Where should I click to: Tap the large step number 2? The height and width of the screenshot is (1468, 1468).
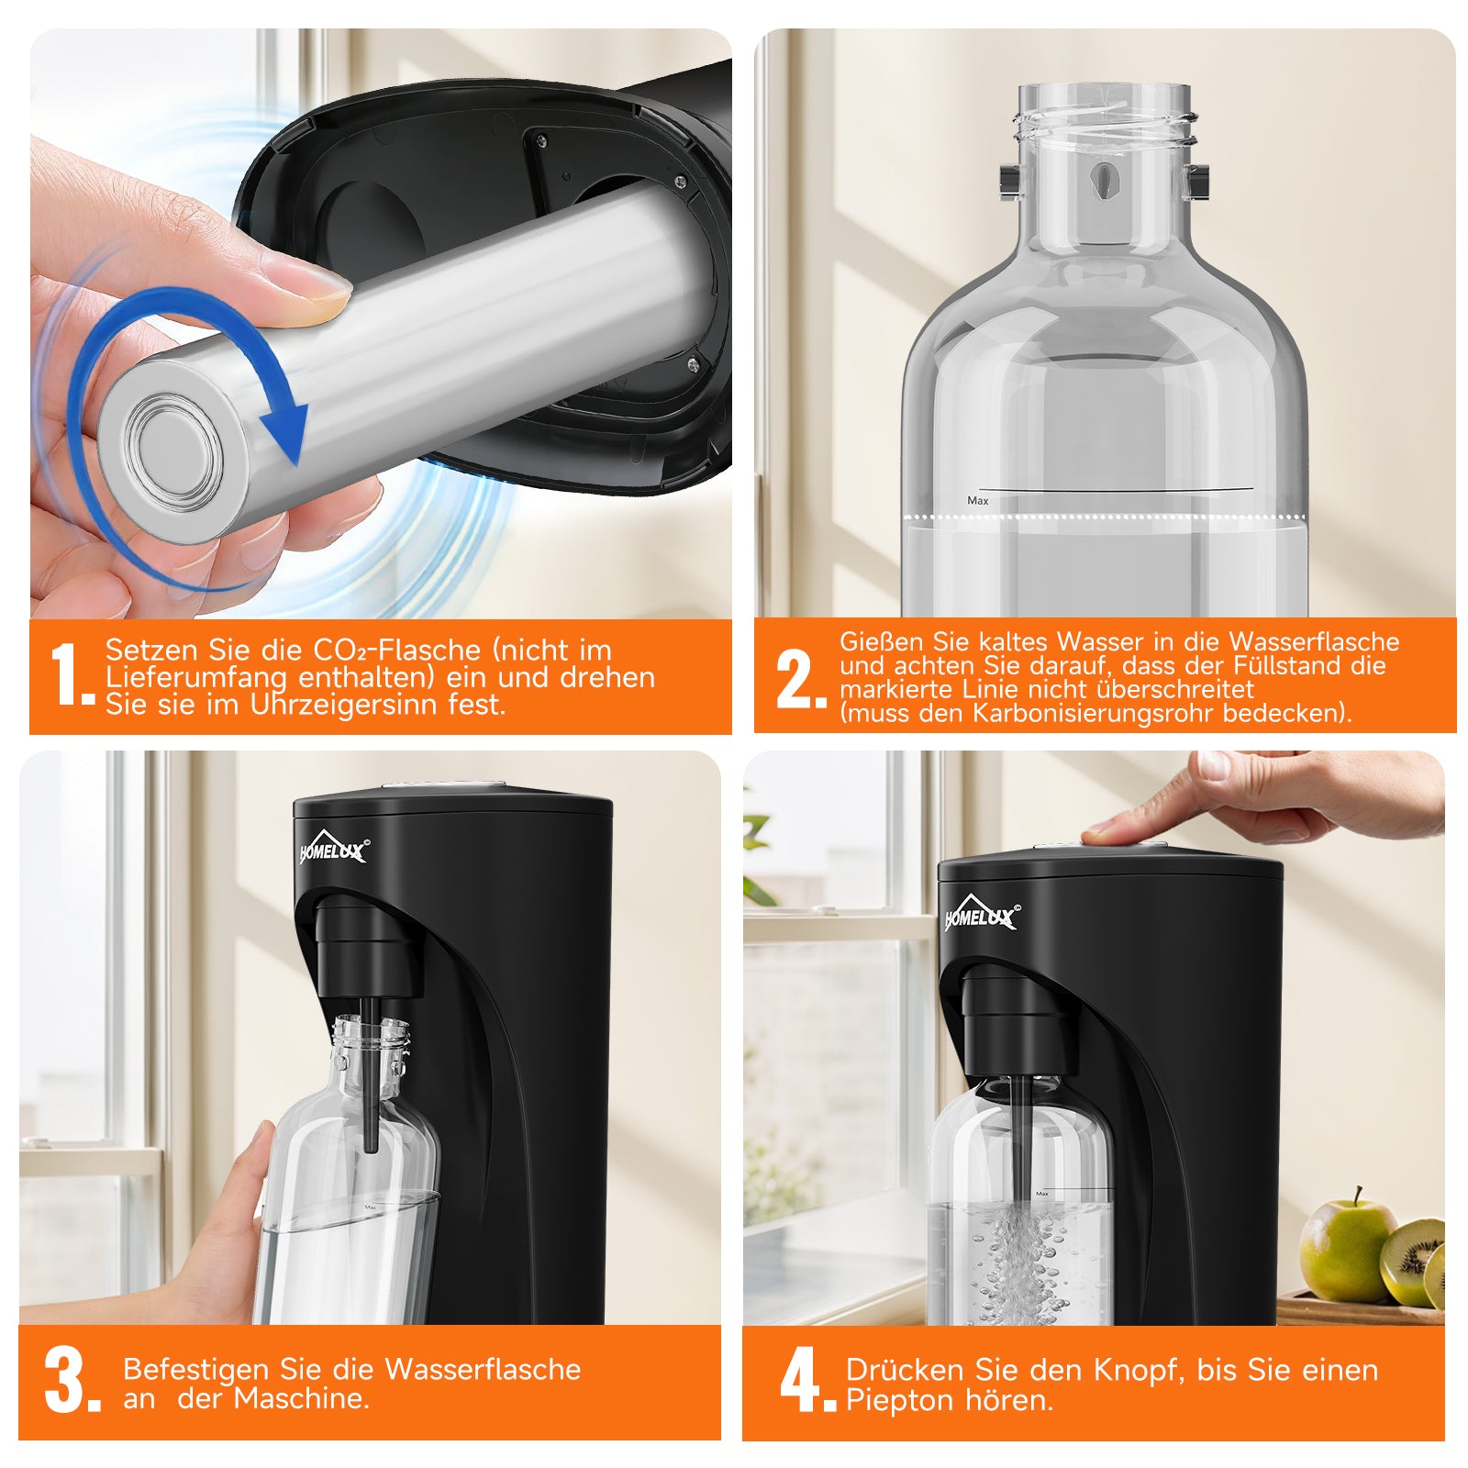(x=796, y=679)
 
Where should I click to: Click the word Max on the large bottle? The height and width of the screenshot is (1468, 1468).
(x=978, y=501)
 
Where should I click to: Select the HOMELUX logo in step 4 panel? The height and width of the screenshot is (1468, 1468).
(x=981, y=915)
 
